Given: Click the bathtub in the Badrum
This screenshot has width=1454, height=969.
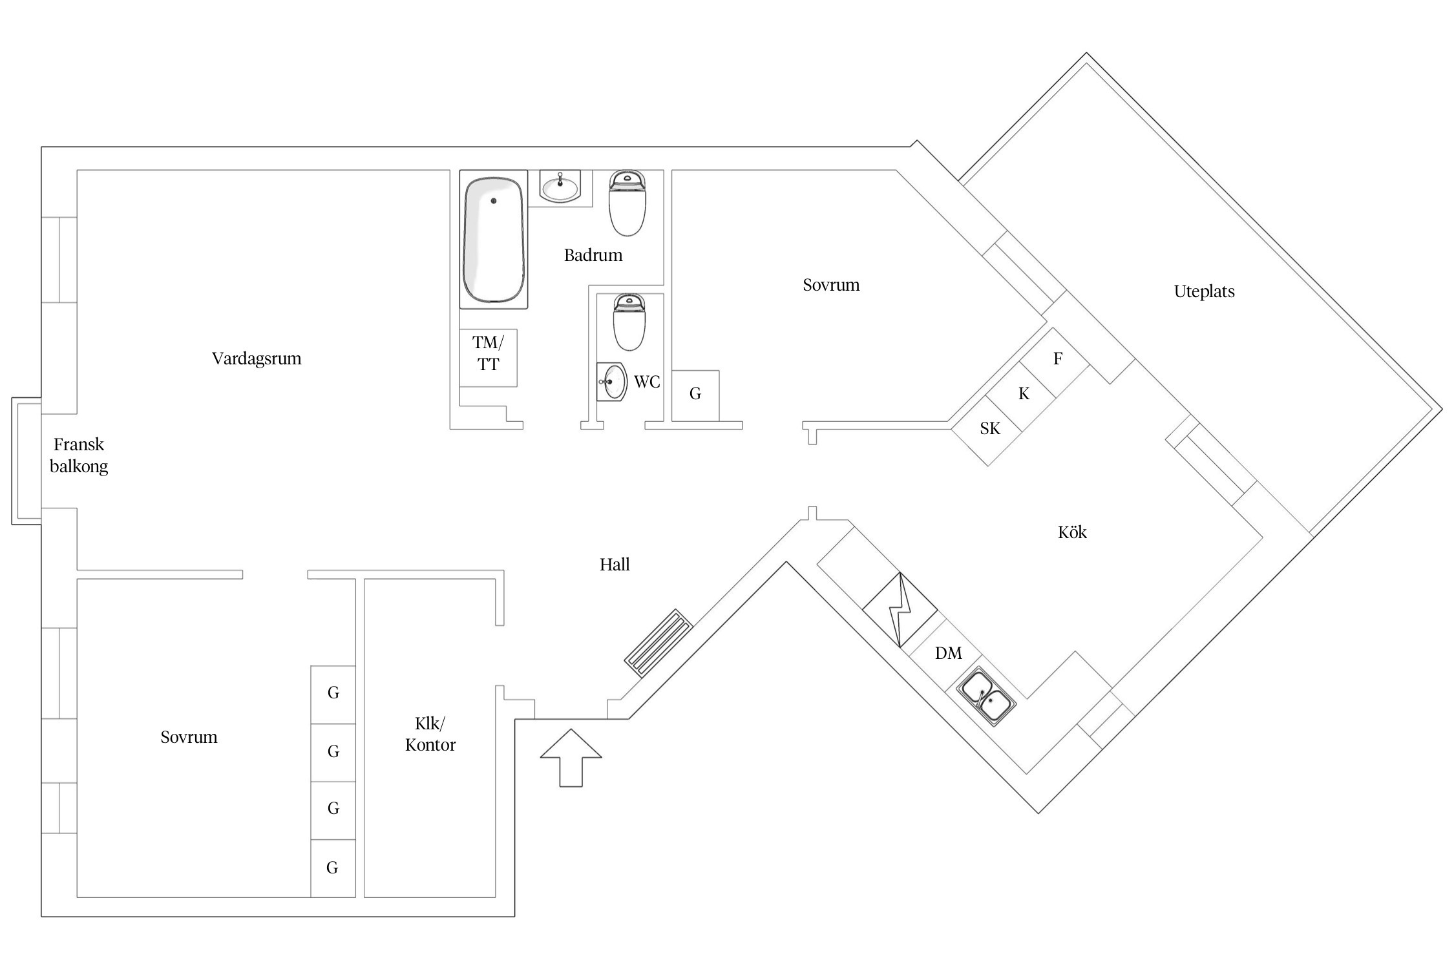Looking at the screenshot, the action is click(494, 240).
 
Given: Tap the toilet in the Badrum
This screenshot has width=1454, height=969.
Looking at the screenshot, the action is click(627, 203).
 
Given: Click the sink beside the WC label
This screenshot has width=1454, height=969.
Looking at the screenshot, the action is click(611, 381).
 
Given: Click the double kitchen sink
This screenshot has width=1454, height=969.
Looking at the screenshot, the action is click(986, 697).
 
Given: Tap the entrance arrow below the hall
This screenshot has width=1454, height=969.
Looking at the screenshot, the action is click(571, 758).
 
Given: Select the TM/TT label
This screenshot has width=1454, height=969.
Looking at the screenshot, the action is click(488, 353).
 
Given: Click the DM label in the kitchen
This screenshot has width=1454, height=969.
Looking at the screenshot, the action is click(949, 653).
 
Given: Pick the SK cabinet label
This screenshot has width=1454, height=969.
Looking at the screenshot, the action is click(990, 428).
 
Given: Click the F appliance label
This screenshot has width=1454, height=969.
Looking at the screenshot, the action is click(1058, 359).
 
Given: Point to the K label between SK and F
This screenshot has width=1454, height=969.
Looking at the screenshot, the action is click(1024, 393).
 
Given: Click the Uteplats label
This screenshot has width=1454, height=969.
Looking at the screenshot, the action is click(1204, 291).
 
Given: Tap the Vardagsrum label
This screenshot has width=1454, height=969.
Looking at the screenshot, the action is click(257, 359).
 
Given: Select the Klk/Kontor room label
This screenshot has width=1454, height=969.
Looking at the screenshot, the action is click(430, 734).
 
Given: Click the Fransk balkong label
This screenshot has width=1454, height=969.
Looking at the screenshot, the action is click(79, 455).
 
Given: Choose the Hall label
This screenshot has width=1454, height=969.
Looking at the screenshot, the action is click(615, 565).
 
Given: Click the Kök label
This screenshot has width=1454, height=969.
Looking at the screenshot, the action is click(1072, 532).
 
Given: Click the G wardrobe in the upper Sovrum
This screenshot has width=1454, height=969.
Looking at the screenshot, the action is click(695, 395).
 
